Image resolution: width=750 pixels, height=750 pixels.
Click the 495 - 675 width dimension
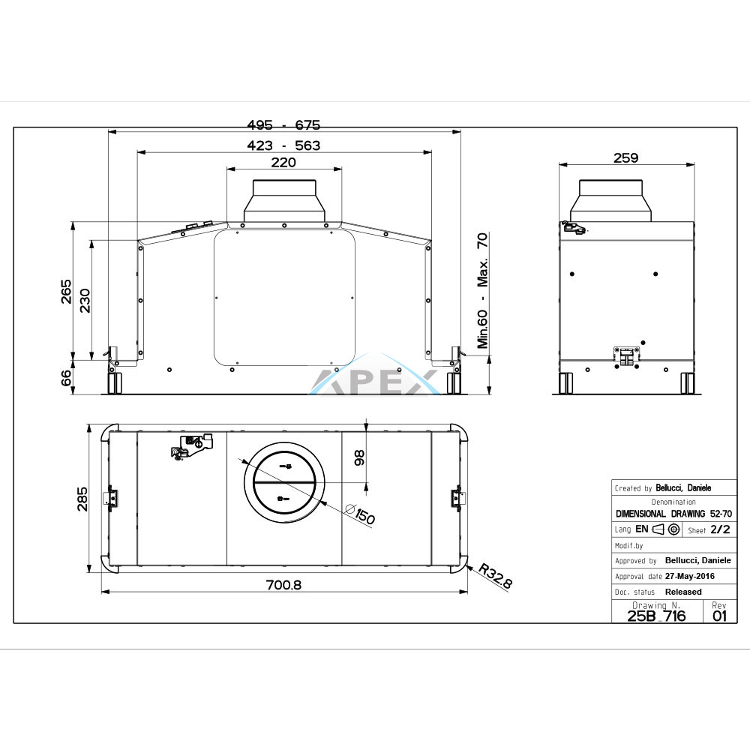click(283, 124)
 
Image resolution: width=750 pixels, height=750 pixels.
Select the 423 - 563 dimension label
click(283, 145)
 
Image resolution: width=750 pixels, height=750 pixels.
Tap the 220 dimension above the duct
click(283, 163)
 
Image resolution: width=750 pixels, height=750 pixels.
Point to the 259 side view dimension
click(625, 157)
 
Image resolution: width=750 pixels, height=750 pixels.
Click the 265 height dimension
click(66, 292)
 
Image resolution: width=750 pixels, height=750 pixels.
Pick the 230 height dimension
click(85, 301)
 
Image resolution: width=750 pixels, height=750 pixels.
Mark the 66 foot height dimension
click(66, 378)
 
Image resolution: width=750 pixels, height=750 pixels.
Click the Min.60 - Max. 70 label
click(482, 291)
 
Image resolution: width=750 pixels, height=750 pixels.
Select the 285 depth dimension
click(82, 499)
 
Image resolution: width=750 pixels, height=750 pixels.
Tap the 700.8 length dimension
click(283, 585)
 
